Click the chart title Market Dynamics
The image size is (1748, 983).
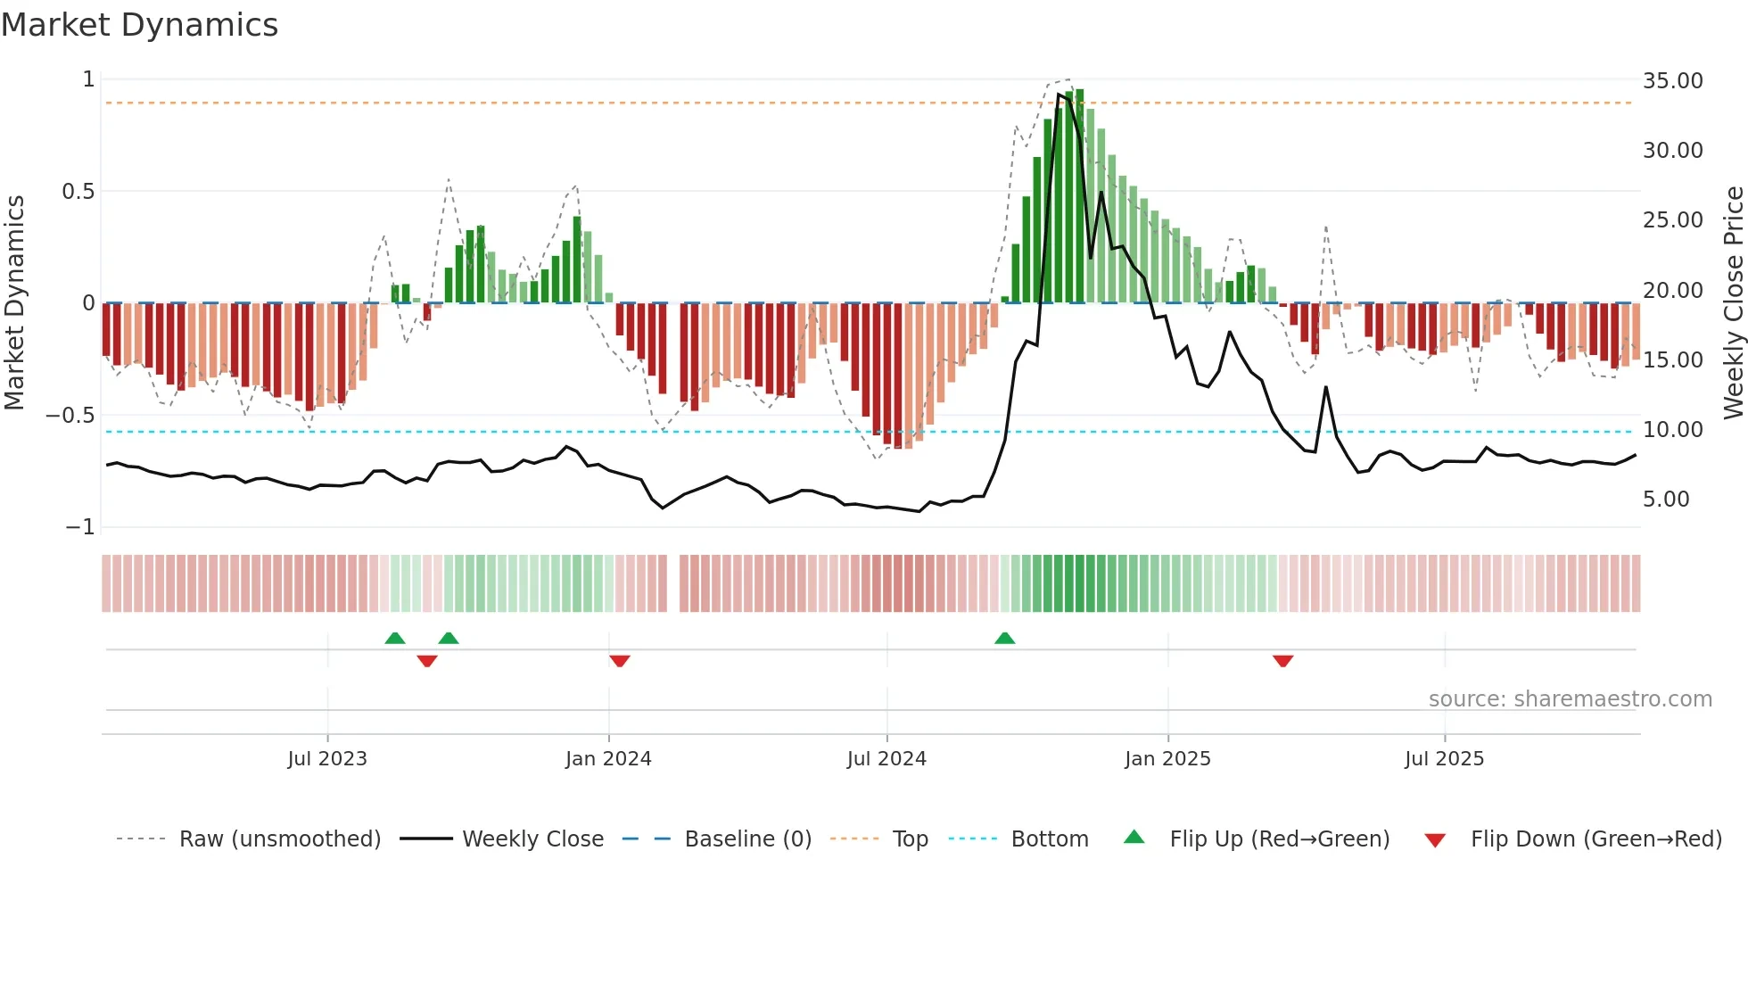point(139,25)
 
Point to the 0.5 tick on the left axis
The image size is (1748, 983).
point(78,192)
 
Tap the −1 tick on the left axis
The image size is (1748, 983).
point(79,527)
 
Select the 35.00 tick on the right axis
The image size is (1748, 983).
point(1672,81)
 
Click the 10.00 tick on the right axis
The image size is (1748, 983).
point(1672,430)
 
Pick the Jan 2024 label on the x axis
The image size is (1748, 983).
point(608,759)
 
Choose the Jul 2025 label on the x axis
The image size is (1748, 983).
point(1444,759)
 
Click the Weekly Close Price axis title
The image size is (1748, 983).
point(1733,302)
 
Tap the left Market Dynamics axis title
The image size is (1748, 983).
point(14,302)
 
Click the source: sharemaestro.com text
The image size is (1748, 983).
point(1570,699)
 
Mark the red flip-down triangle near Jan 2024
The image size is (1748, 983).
point(620,661)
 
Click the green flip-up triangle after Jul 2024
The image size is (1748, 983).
point(1004,638)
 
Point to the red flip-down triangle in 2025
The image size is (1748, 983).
point(1282,661)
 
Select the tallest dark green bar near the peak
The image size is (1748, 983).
point(1079,196)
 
